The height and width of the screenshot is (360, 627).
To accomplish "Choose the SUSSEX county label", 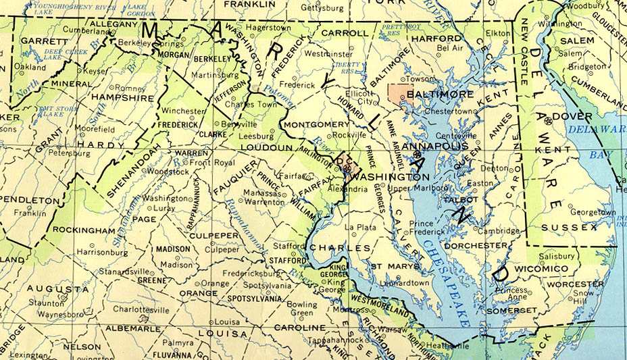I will [x=569, y=227].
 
